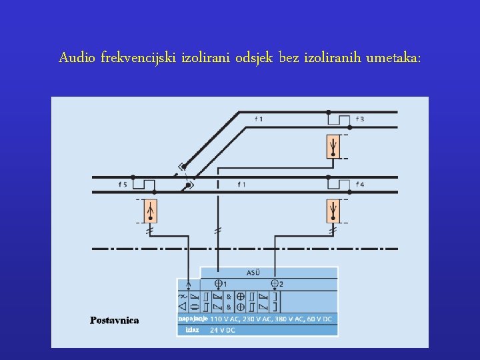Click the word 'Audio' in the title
tap(78, 58)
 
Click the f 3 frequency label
tap(360, 119)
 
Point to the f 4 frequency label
tap(360, 184)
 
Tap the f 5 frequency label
tap(123, 184)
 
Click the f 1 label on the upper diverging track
tap(259, 119)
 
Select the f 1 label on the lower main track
tap(241, 184)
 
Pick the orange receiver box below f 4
tap(333, 211)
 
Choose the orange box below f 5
tap(152, 211)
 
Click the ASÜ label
tap(253, 273)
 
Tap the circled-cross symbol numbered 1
tap(219, 284)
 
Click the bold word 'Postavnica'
tap(115, 320)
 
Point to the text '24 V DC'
tap(223, 330)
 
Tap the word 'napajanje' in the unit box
tap(192, 319)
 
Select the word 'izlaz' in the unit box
tap(192, 330)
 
